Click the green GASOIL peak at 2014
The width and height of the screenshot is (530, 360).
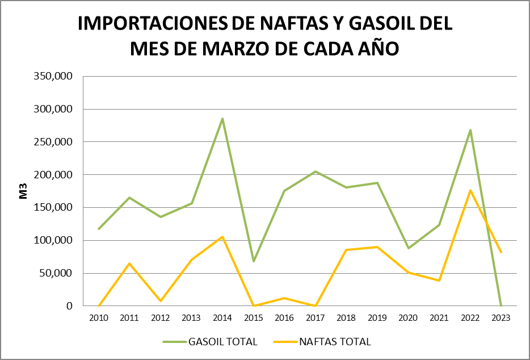coord(222,119)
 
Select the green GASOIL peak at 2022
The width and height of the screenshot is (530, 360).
coord(470,130)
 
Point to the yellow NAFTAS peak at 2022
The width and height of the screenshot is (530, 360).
coord(470,190)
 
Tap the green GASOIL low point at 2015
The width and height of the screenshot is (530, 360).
coord(254,261)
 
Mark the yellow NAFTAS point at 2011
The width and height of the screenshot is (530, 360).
coord(129,263)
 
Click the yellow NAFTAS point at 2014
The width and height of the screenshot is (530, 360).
coord(222,237)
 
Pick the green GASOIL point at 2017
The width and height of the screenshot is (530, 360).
coord(316,171)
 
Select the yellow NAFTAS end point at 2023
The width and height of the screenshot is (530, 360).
coord(501,252)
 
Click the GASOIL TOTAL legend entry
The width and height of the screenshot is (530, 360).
coord(210,341)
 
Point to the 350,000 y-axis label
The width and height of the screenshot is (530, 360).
coord(54,76)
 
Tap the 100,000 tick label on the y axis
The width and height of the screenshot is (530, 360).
coord(54,240)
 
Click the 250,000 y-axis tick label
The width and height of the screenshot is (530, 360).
coord(54,142)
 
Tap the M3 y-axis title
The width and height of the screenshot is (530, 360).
coord(24,191)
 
